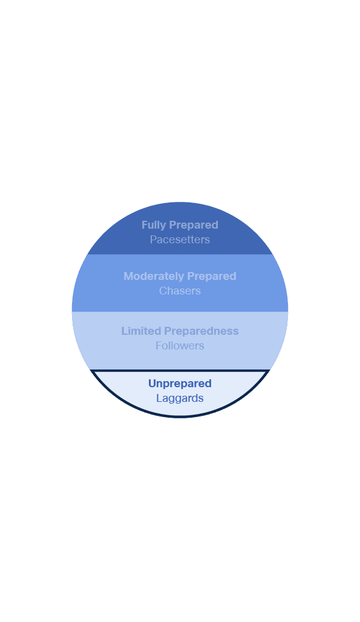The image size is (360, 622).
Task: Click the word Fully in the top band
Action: click(154, 225)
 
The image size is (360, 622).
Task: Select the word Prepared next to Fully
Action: click(193, 225)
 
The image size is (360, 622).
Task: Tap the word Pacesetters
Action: click(180, 240)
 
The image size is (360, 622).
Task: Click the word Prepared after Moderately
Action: click(212, 276)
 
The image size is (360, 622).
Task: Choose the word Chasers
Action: click(180, 291)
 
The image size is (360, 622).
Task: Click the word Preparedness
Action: click(201, 331)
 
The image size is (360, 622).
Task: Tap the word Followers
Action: click(180, 346)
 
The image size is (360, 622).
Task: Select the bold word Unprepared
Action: click(180, 384)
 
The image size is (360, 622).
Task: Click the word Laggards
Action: click(180, 398)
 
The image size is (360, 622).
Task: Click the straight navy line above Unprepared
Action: click(180, 371)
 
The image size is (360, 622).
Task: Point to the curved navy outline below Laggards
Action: click(180, 416)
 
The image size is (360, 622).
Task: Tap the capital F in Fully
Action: click(145, 225)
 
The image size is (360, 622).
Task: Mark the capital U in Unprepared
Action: click(152, 383)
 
